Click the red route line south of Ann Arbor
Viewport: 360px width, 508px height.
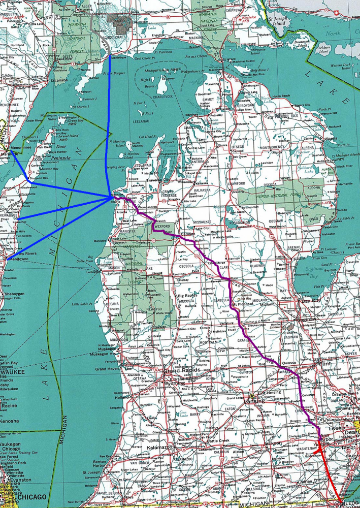point(330,472)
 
